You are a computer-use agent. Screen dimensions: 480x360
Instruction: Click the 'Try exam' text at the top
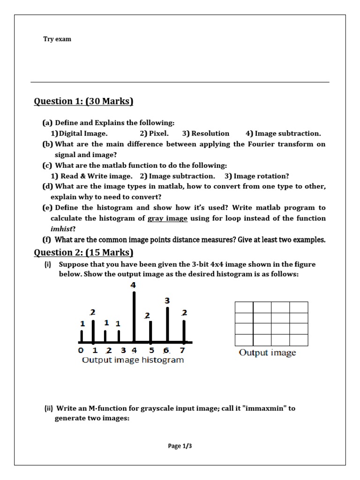[x=57, y=39]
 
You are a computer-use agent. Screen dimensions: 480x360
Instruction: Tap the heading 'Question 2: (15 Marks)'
[x=84, y=253]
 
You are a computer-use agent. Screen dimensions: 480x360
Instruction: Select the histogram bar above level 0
[x=82, y=336]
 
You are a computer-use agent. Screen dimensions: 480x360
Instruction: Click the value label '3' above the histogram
[x=167, y=300]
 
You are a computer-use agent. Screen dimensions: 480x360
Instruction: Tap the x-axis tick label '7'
[x=183, y=350]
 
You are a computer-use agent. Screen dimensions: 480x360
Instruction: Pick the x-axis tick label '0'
[x=81, y=350]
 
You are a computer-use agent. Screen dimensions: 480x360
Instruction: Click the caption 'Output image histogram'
[x=133, y=360]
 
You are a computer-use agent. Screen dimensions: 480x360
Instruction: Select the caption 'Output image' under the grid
[x=267, y=353]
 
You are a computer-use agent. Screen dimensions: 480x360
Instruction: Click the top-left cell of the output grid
[x=244, y=307]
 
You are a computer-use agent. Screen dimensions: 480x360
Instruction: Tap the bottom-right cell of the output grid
[x=299, y=340]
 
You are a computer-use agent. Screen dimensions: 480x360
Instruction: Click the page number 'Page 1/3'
[x=180, y=446]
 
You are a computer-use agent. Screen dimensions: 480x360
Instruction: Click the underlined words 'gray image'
[x=167, y=218]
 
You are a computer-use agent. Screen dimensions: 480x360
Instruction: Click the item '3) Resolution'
[x=206, y=134]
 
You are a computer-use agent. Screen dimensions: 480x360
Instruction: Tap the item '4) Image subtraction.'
[x=283, y=134]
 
